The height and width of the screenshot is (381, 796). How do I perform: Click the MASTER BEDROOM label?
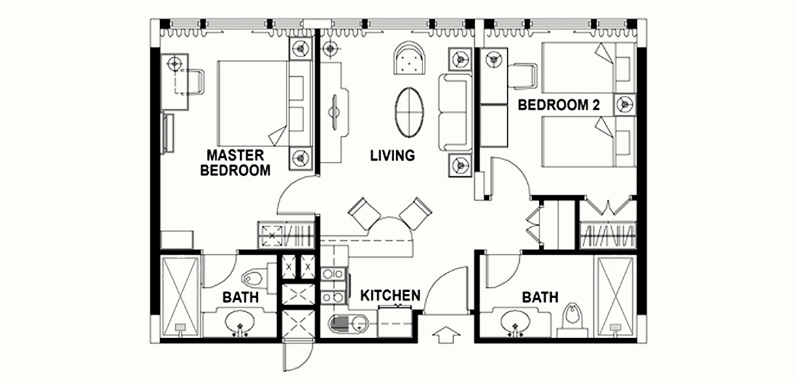coord(235,163)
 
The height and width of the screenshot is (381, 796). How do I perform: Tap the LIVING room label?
coord(393,155)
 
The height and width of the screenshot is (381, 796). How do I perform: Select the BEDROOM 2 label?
coord(559,105)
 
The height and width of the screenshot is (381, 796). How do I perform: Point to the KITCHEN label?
coord(390,295)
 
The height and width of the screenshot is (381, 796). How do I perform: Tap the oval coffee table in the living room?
coord(409,112)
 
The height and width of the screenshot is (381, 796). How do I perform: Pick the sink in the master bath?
coord(239,322)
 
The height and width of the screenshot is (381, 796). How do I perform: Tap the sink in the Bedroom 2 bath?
coord(515,322)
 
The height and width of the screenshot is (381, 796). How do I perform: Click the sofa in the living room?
coord(456,112)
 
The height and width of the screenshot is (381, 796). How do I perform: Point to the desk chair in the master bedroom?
coord(194,82)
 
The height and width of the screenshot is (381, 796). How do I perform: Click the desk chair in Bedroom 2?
coord(523,76)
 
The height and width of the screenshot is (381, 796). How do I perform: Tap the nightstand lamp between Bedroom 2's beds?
coord(625,104)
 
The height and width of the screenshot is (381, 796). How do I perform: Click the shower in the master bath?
coord(180,296)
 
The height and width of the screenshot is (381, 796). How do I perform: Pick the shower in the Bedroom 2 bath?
coord(615,296)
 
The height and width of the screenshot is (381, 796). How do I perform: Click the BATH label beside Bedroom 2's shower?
coord(540,297)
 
